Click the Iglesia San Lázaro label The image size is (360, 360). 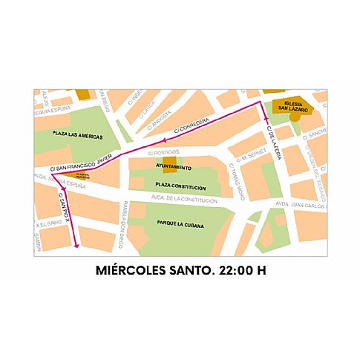pyautogui.click(x=290, y=106)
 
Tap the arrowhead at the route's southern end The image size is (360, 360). pyautogui.click(x=76, y=248)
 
